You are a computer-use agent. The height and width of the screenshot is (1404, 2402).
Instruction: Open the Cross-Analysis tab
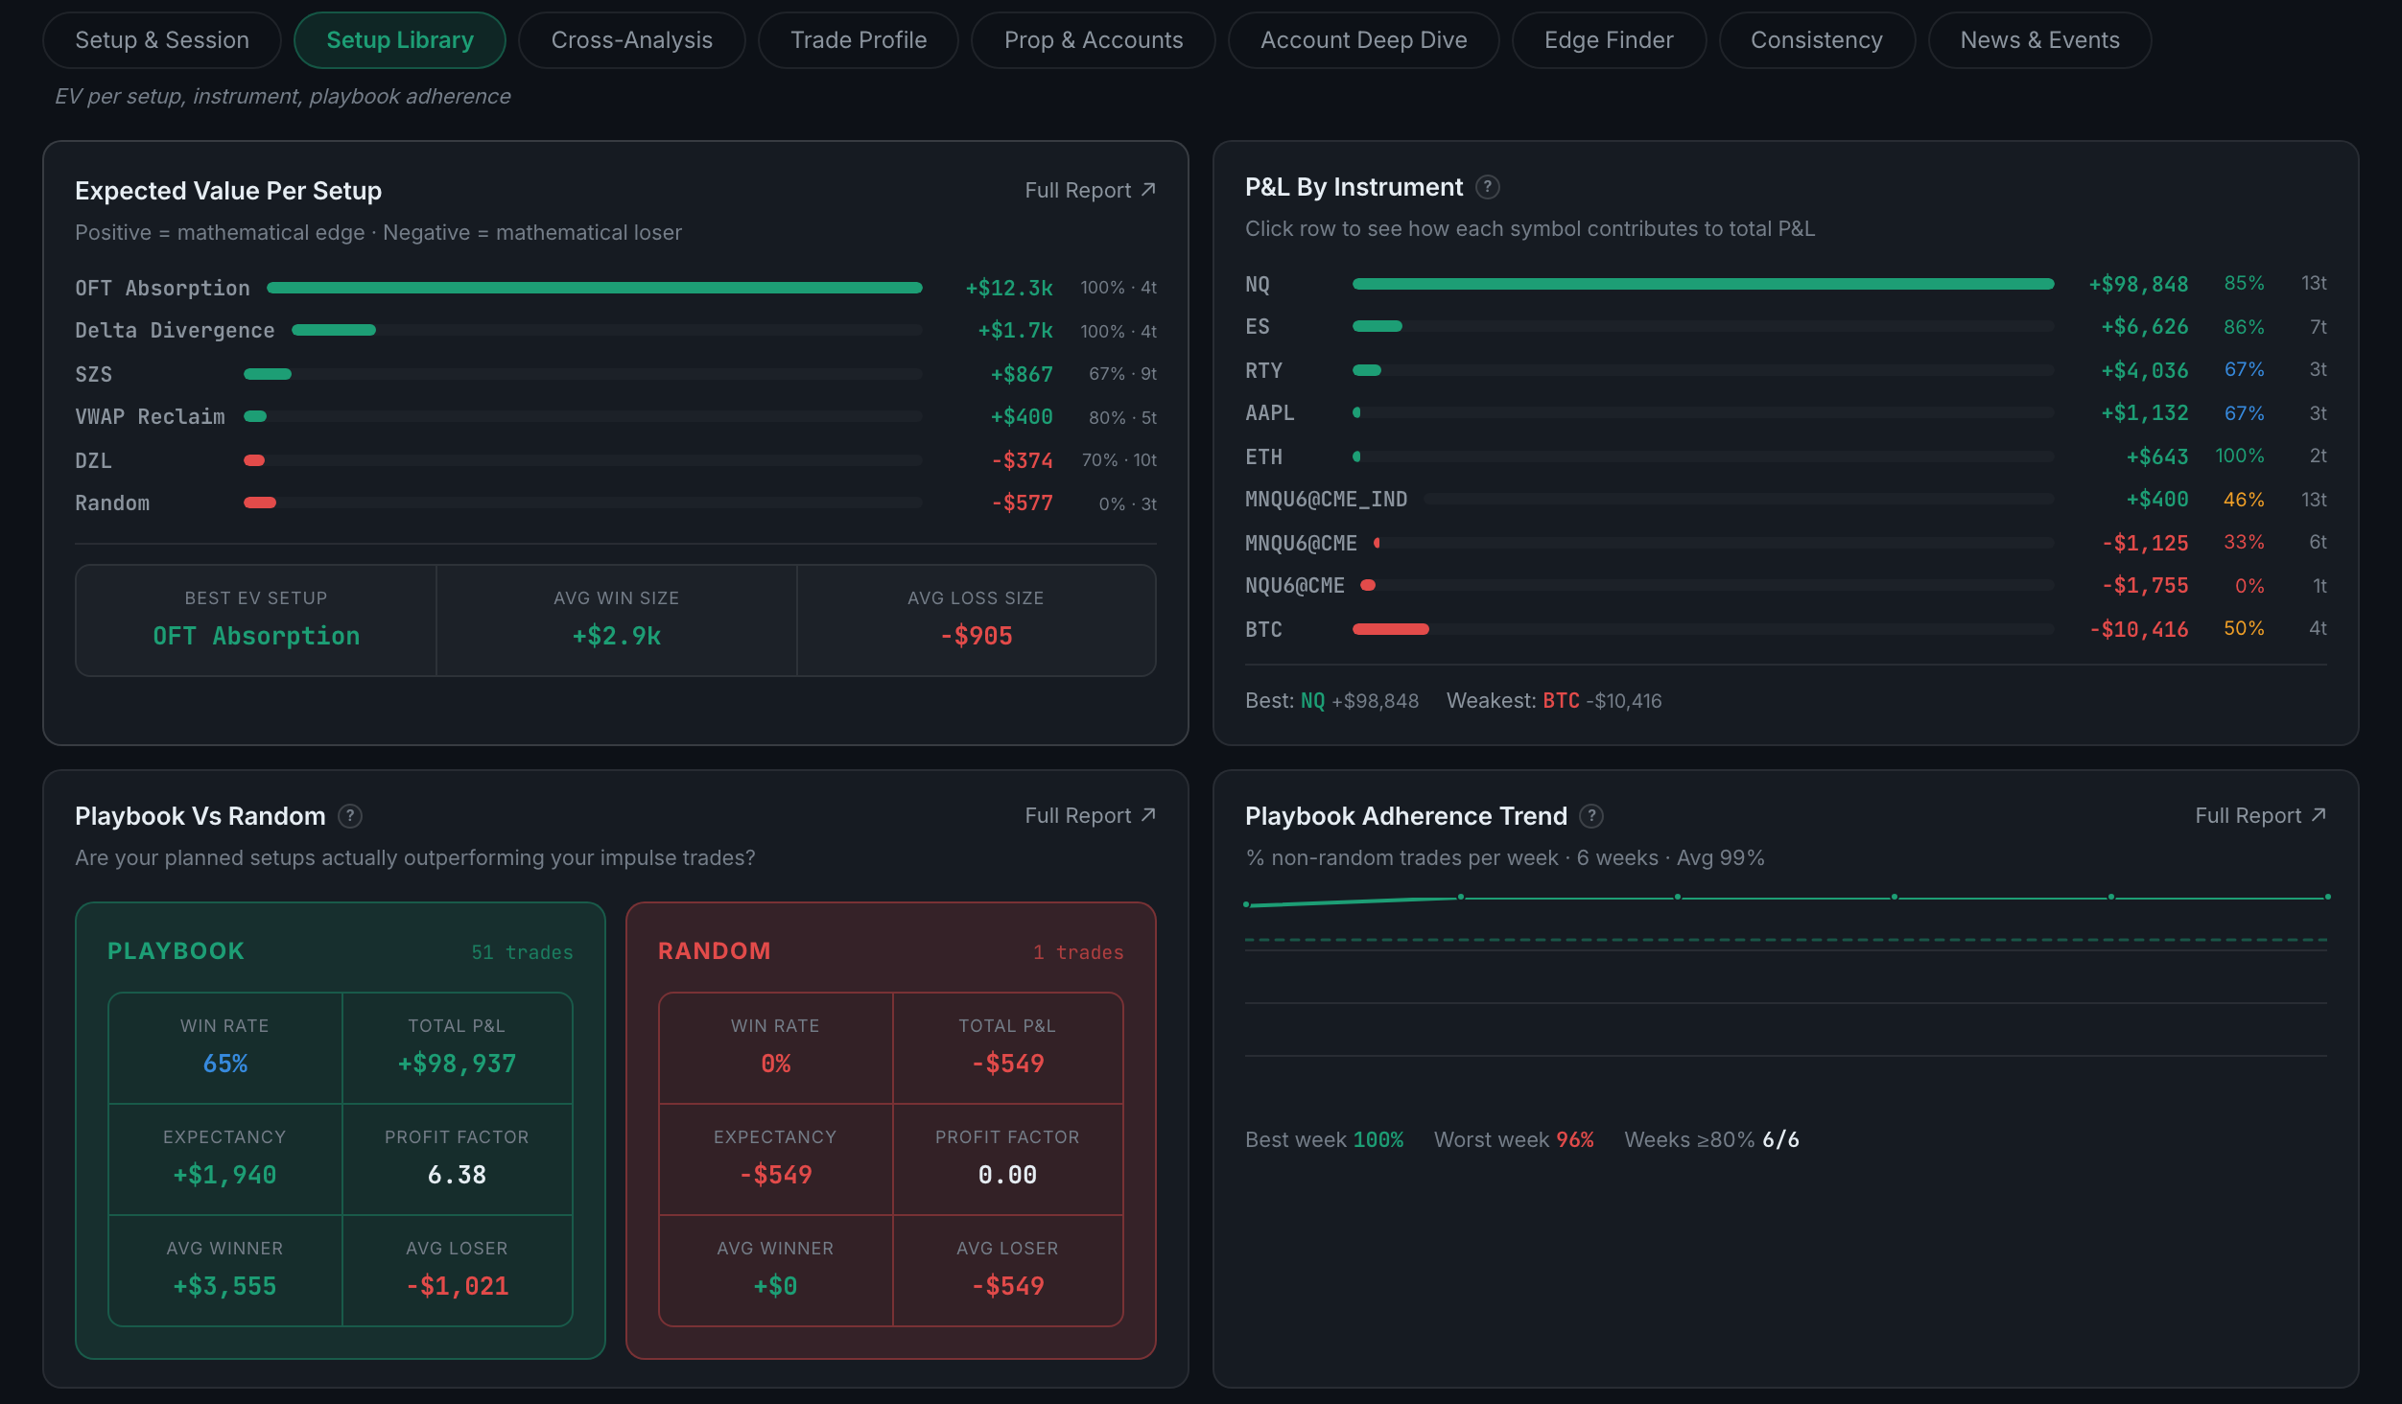[631, 40]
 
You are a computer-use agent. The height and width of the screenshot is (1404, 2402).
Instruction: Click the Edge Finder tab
[1609, 40]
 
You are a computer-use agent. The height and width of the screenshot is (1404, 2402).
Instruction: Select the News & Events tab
[2039, 40]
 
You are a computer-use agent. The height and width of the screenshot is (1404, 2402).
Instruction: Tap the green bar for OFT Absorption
[595, 288]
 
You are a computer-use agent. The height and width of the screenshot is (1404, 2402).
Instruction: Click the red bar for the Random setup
[260, 503]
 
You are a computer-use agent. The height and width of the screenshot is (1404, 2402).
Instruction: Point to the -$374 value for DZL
[1023, 460]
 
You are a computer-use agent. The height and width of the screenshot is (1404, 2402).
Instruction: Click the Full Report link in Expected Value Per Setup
[1090, 190]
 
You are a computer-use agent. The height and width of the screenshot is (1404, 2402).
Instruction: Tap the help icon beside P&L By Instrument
[1487, 187]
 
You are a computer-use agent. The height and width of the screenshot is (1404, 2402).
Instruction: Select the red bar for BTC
[1391, 629]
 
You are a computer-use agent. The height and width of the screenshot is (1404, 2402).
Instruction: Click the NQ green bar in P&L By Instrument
[1704, 284]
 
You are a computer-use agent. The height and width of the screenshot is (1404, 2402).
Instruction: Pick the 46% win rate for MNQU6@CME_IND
[2244, 500]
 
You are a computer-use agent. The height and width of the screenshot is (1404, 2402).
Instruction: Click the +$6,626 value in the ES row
[2145, 327]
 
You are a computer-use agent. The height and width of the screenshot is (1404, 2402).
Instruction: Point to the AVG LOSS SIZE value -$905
[977, 636]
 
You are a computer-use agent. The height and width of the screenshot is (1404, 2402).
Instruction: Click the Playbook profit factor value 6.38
[457, 1175]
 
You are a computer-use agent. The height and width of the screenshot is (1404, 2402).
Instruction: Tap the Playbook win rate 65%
[225, 1064]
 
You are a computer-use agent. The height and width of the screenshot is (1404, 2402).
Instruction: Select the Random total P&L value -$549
[1007, 1064]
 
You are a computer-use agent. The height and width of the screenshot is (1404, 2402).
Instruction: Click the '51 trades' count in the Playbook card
[522, 952]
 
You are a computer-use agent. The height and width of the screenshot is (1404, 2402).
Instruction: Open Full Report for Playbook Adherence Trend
[2260, 815]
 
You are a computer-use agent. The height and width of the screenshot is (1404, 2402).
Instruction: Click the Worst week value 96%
[1575, 1139]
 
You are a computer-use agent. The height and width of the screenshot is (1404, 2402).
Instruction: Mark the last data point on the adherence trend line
[2327, 897]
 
